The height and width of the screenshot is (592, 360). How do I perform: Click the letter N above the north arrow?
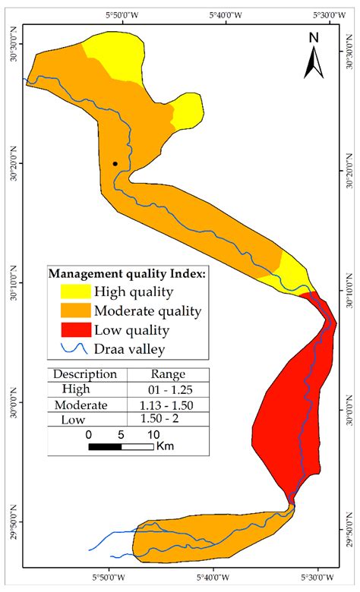[x=314, y=37]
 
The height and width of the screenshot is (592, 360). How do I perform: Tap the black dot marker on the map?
[x=115, y=163]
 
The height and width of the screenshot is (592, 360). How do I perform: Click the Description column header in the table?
[x=86, y=374]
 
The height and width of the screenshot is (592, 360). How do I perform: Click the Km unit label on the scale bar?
[x=165, y=446]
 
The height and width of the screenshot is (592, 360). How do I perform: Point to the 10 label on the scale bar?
[x=153, y=433]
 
